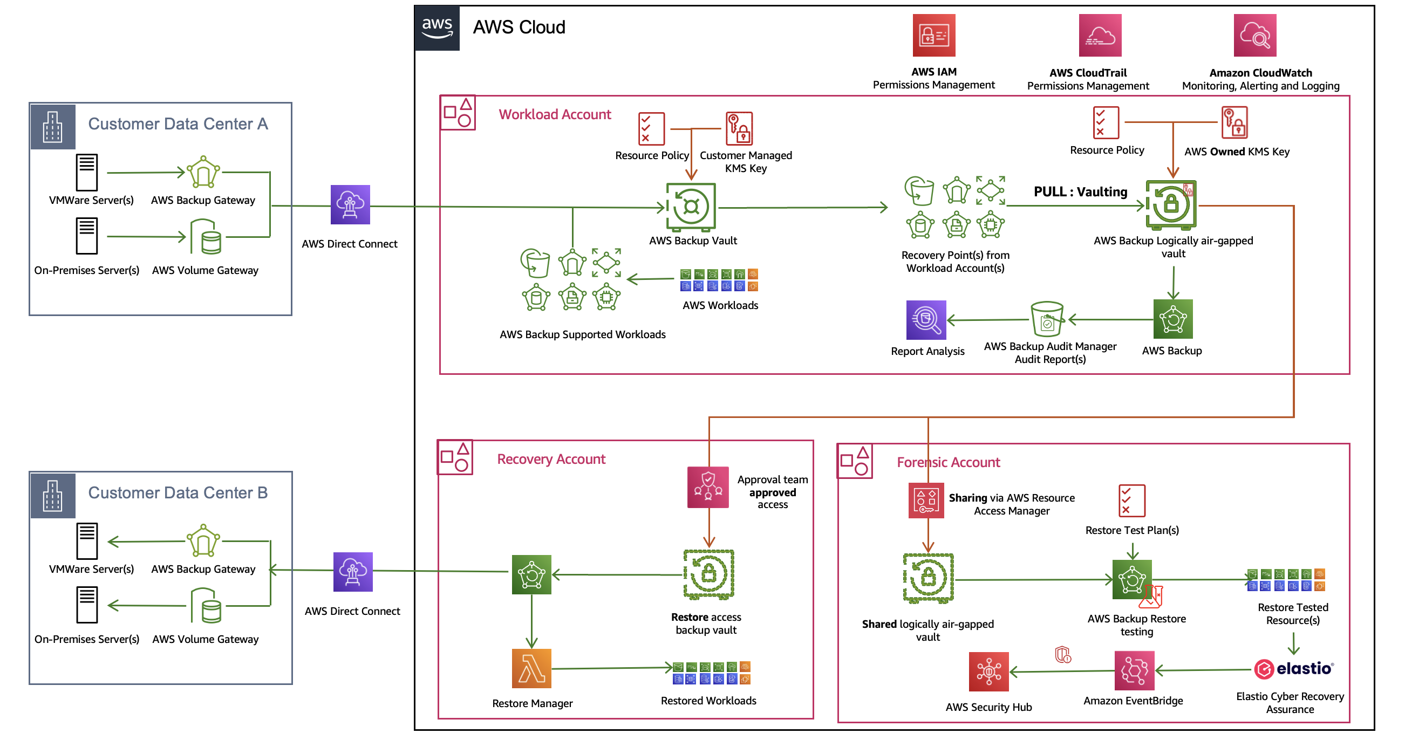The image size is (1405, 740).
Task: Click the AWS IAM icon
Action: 933,36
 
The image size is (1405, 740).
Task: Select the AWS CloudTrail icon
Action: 1100,36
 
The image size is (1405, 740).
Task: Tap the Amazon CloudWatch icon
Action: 1254,36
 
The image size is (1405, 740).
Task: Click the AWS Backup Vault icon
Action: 691,207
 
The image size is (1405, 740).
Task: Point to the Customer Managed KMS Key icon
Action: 739,129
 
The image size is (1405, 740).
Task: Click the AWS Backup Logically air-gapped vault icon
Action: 1170,205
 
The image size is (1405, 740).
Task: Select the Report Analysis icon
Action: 925,320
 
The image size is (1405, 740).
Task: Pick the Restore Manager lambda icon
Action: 531,668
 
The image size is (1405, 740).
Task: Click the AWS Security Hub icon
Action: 988,672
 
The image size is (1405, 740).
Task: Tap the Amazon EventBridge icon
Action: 1134,670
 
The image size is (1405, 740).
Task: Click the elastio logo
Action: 1293,669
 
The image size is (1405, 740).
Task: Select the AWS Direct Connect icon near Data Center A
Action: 350,204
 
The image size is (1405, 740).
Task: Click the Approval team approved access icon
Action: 707,487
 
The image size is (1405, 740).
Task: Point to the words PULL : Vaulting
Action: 1080,192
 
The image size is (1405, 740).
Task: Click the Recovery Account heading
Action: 551,459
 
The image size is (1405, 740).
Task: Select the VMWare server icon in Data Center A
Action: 87,172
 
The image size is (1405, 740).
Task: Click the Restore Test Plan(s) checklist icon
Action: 1131,501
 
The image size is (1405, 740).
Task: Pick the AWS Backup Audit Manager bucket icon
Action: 1046,319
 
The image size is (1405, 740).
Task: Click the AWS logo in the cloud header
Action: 437,28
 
